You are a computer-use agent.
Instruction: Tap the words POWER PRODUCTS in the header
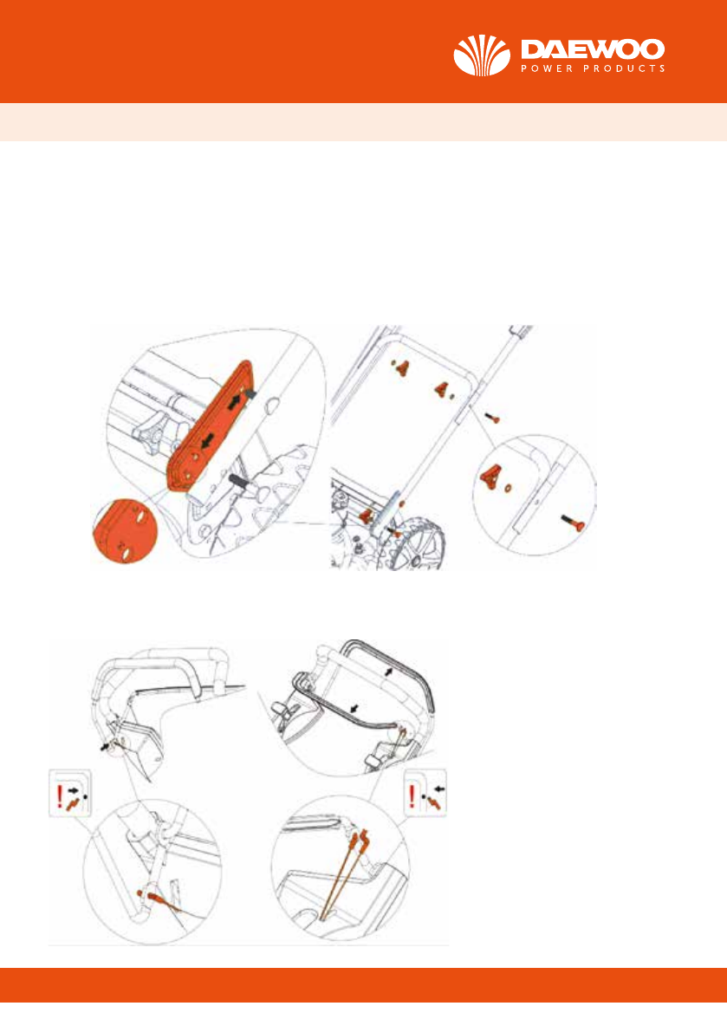click(x=594, y=68)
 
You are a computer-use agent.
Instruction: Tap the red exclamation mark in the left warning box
click(x=60, y=796)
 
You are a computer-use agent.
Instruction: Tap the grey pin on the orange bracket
click(x=249, y=393)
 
